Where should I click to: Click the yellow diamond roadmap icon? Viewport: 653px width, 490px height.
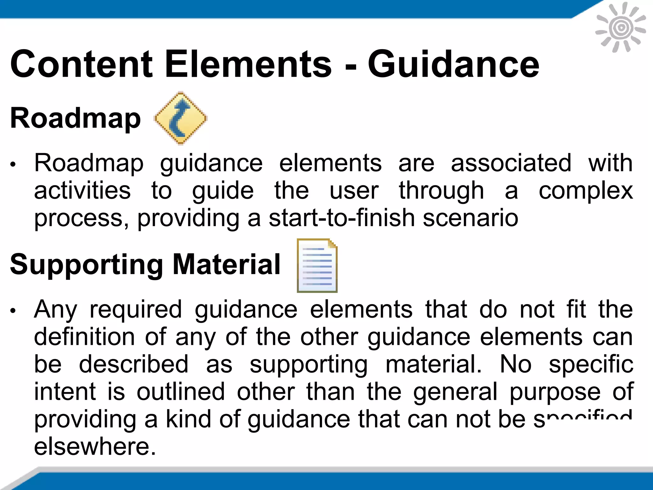point(180,118)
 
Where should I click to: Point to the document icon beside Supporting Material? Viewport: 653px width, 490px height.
point(317,265)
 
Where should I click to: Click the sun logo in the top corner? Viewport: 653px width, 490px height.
point(620,28)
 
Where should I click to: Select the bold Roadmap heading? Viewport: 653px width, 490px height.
point(75,118)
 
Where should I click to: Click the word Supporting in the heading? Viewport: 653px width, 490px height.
point(86,265)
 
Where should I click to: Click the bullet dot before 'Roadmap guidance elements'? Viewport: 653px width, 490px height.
point(13,165)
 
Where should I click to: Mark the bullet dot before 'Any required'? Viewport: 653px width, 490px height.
point(13,311)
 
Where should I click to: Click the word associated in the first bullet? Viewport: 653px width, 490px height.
point(511,163)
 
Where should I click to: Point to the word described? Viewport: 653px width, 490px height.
point(134,364)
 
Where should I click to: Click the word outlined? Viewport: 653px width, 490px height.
point(181,392)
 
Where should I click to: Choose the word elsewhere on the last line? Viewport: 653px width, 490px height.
point(95,447)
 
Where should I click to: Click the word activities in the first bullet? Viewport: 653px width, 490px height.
point(82,191)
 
